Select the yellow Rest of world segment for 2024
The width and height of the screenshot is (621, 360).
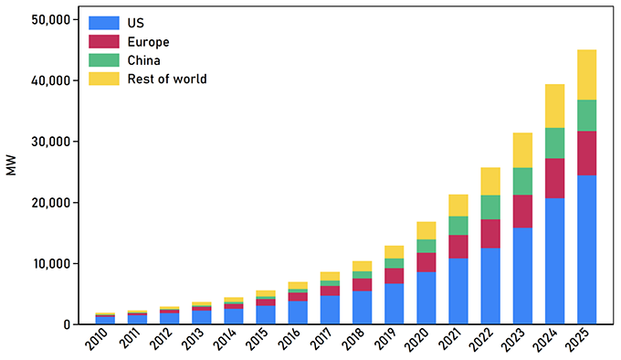click(x=548, y=106)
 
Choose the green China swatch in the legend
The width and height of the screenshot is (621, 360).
click(x=102, y=60)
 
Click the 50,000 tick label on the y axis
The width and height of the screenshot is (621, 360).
click(x=50, y=19)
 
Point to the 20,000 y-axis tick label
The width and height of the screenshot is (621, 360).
click(x=50, y=202)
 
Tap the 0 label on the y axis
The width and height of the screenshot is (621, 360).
click(x=68, y=324)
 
